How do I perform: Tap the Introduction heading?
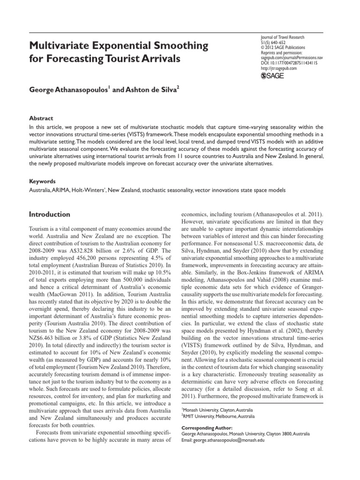(49, 214)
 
